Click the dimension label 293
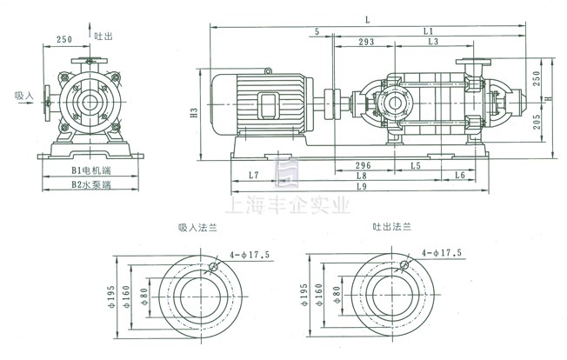pos(366,42)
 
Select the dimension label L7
pos(253,176)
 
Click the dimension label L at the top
pos(368,18)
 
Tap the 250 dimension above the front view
pos(63,39)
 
